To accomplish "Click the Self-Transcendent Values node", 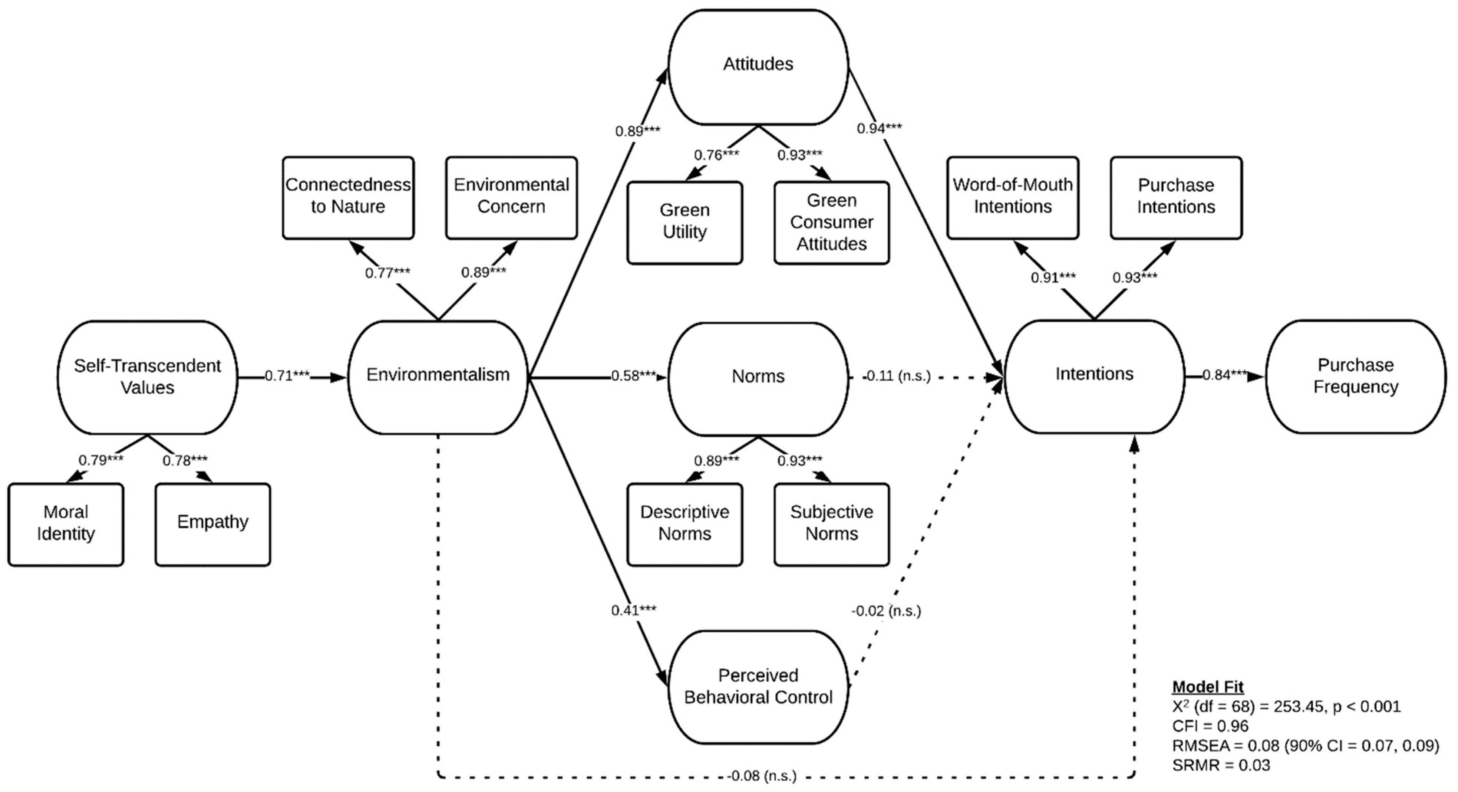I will point(147,377).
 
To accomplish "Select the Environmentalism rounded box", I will point(438,375).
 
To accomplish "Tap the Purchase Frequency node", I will point(1356,376).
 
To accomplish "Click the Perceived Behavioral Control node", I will point(758,686).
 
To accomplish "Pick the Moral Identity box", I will point(66,523).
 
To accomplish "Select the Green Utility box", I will point(684,221).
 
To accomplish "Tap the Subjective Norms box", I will point(831,523).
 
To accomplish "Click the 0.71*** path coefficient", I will point(287,376).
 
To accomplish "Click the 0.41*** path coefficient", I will point(633,610).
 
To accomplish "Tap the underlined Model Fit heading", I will point(1208,687).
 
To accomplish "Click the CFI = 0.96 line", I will point(1210,726).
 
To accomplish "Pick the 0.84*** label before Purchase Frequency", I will point(1225,375).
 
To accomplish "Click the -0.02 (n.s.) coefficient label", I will point(886,611).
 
